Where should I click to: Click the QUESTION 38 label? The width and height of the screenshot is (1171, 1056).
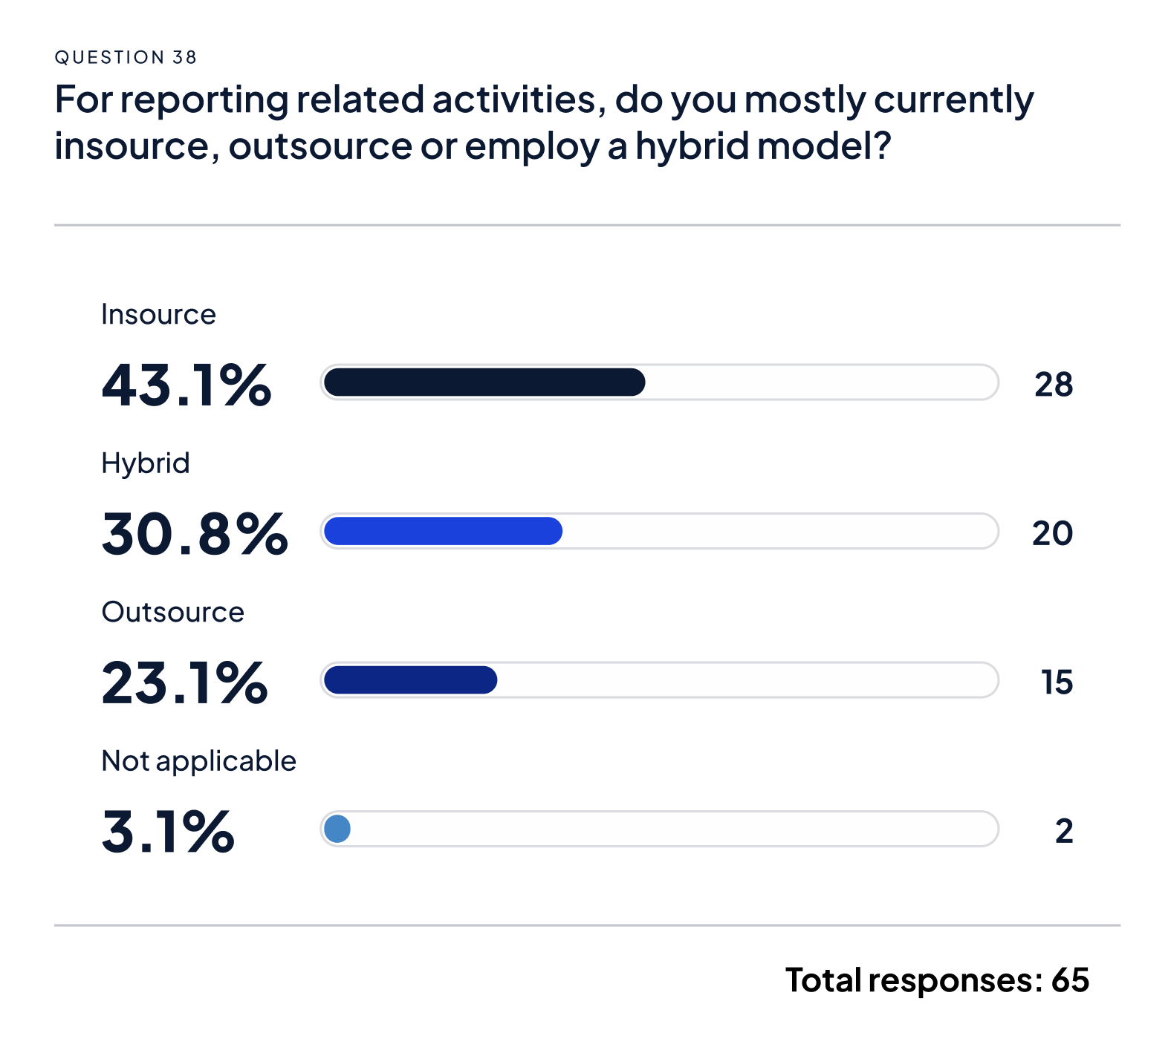[126, 57]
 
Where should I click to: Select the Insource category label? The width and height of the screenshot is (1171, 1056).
[158, 315]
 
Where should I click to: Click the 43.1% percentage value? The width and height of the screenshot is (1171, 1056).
[186, 385]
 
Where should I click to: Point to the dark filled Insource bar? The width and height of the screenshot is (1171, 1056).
[484, 382]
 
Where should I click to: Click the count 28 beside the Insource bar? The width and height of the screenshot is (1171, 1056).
[1053, 385]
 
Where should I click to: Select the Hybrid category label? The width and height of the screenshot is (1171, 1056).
[146, 463]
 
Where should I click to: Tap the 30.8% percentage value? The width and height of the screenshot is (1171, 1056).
[195, 533]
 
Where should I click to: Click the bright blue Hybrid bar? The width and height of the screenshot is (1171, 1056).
[443, 531]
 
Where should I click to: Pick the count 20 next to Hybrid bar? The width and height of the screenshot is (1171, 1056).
[1052, 533]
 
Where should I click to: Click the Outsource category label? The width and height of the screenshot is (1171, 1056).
[172, 613]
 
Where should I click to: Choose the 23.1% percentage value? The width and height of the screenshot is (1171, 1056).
[184, 682]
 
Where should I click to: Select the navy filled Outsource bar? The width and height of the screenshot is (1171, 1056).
[410, 680]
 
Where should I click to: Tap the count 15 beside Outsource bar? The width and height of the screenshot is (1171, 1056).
[1057, 682]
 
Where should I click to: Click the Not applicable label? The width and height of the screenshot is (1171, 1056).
[198, 761]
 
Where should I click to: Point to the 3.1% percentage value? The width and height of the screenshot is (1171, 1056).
[168, 831]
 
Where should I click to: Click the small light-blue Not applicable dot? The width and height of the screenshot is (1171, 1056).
[337, 829]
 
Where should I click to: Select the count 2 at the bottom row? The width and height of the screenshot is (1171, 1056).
[1064, 831]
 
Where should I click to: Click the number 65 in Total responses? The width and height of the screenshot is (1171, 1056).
[1070, 980]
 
